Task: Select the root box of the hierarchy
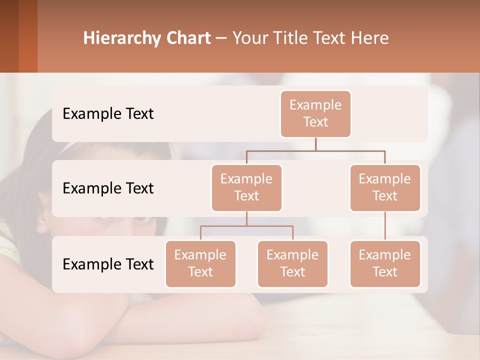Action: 315,114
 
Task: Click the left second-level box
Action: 246,188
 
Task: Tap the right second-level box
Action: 385,188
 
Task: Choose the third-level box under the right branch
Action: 385,264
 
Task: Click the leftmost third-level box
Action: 200,264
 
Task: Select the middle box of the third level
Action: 292,264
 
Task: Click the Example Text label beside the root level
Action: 108,114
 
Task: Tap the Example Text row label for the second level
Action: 108,188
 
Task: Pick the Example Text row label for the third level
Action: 108,264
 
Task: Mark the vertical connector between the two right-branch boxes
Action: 385,226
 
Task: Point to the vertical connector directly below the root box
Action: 315,144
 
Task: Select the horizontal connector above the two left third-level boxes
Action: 246,226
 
